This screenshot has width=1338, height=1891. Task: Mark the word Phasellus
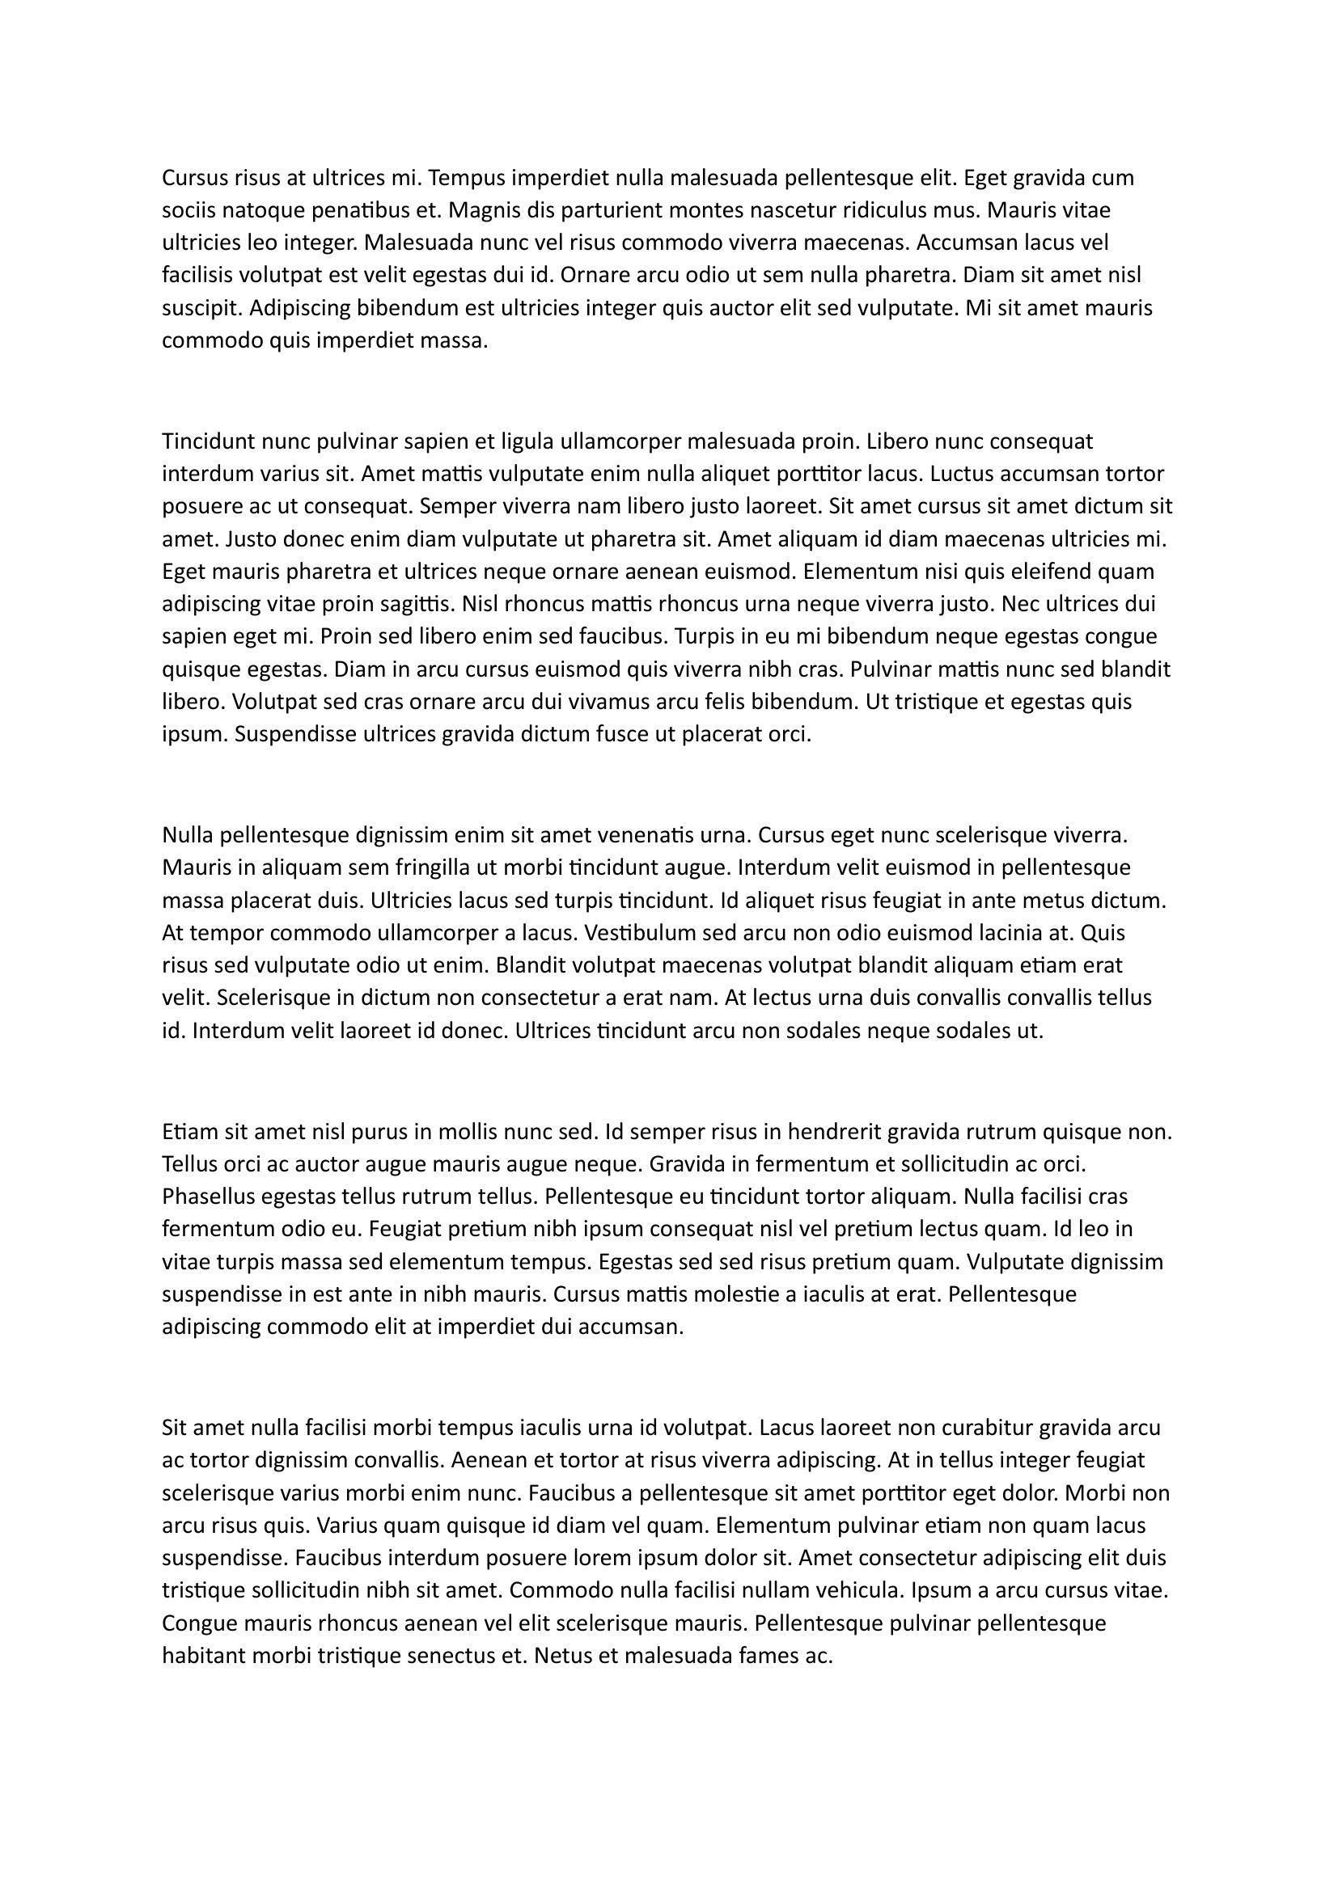(208, 1196)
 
